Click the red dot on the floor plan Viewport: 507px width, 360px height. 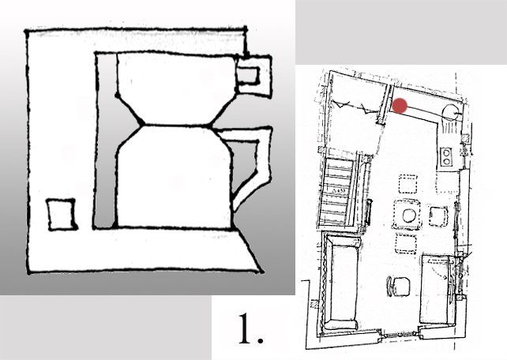tap(400, 106)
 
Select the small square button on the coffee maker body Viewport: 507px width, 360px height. tap(61, 216)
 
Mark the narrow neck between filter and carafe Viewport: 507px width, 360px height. tap(176, 124)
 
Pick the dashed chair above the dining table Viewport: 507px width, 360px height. tap(408, 186)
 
